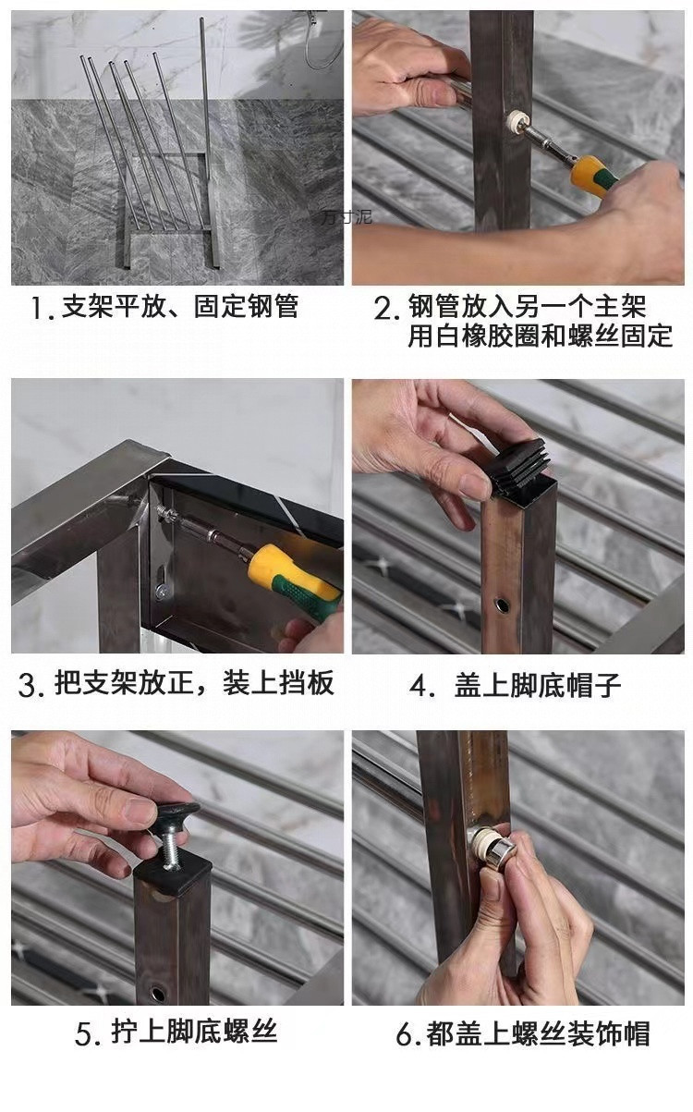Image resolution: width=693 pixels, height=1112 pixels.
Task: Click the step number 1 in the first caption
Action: pos(37,309)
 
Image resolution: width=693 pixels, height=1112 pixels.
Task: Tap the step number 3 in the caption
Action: pos(28,685)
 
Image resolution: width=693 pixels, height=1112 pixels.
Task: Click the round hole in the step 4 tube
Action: pos(502,605)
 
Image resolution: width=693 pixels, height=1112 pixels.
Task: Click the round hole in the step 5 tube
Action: pos(158,994)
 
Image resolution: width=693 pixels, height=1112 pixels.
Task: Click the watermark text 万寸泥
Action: pos(346,217)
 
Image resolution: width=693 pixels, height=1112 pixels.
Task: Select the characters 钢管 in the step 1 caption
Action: pos(273,306)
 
